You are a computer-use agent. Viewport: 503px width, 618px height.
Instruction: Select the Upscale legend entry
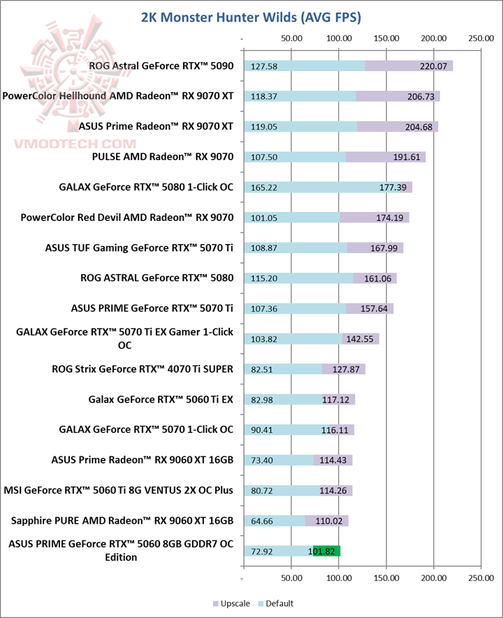[232, 603]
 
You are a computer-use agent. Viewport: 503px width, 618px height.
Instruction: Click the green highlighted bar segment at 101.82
[326, 551]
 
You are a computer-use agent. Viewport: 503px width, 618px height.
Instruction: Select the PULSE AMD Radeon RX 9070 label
[162, 157]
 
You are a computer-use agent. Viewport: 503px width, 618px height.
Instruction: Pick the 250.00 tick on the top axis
[481, 39]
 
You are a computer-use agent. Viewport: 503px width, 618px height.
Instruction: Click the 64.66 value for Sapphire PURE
[261, 521]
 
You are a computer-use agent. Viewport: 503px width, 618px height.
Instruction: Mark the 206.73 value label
[421, 96]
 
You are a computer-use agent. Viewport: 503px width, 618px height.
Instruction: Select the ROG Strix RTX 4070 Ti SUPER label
[143, 369]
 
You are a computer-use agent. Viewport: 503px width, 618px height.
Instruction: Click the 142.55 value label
[359, 339]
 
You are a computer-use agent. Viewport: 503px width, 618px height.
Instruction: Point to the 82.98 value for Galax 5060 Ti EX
[261, 400]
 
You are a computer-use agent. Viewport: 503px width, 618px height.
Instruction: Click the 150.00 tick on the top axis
[386, 39]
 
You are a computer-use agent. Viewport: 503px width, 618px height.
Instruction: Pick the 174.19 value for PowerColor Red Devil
[390, 217]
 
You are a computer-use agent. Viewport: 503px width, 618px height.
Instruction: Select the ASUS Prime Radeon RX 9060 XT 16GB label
[143, 460]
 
